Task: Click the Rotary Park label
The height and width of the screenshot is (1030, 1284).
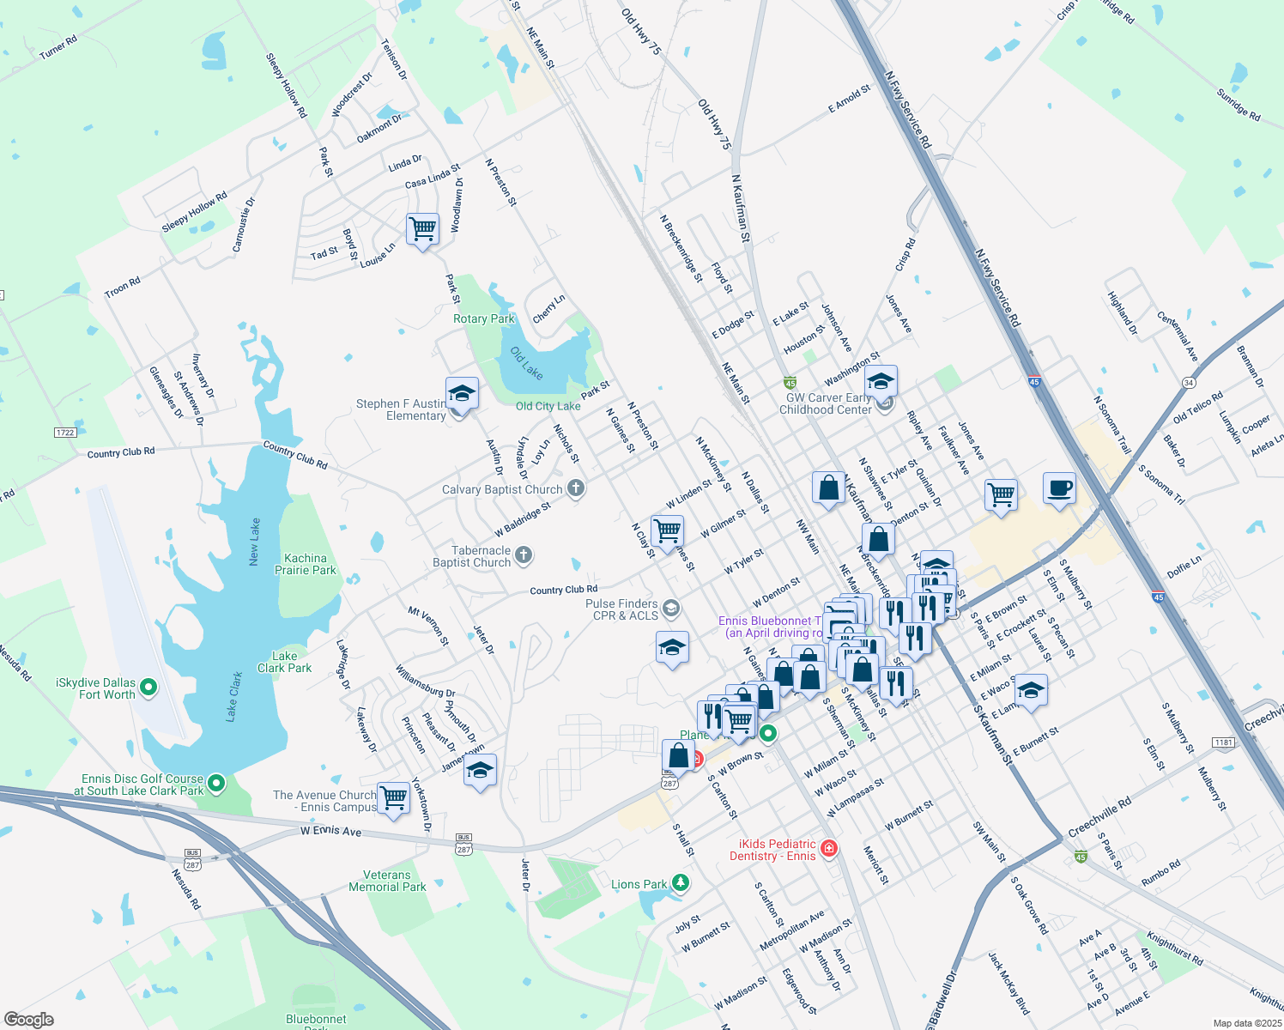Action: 484,318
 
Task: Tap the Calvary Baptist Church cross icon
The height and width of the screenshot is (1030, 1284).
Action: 576,489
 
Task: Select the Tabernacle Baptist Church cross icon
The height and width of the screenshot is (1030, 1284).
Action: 524,556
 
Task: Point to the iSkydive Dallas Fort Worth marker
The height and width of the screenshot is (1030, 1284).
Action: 148,687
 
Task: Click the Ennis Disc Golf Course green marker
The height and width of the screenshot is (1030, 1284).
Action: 216,782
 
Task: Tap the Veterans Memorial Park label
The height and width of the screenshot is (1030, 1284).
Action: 387,881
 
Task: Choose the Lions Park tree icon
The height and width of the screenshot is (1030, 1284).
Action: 681,882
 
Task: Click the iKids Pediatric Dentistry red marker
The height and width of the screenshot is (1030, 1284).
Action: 828,849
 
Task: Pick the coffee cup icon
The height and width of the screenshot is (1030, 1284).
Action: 1059,488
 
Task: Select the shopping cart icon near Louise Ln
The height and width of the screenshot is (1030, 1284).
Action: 422,229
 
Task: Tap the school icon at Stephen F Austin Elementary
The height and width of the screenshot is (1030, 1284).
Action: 462,393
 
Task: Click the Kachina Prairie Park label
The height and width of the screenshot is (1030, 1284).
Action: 306,564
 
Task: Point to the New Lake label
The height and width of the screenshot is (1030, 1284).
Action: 254,542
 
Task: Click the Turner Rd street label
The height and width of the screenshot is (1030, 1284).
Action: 58,47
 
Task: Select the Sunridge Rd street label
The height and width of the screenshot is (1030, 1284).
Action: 1239,105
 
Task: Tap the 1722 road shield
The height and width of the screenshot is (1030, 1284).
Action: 65,433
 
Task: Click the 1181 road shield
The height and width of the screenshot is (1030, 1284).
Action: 1223,742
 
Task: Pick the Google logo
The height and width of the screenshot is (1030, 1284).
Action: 28,1019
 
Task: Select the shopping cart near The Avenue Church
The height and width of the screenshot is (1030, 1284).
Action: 394,797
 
